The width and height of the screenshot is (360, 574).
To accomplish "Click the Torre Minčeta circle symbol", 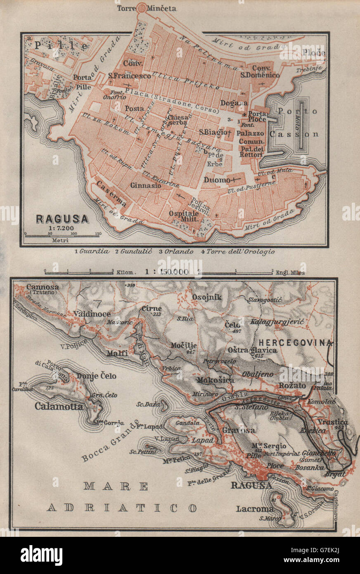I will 142,7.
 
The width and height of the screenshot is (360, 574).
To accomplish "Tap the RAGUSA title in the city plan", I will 62,218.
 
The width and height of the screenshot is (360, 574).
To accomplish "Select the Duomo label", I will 216,180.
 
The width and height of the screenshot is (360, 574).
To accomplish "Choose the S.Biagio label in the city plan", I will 213,132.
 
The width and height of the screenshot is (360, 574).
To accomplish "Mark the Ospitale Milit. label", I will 184,216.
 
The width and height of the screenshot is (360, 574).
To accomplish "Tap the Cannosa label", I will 41,287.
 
